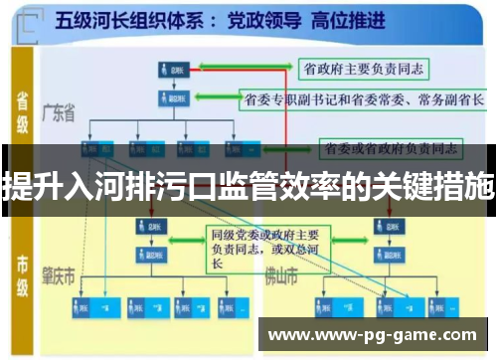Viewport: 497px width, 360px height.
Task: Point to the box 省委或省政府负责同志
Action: tap(390, 148)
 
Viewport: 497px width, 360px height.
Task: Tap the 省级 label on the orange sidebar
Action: tap(21, 110)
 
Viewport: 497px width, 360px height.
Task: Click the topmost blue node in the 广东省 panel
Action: tap(171, 71)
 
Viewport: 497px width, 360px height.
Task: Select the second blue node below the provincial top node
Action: tap(171, 98)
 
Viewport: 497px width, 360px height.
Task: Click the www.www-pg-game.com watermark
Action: tap(373, 334)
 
